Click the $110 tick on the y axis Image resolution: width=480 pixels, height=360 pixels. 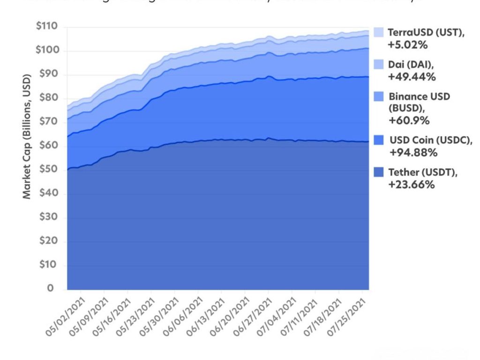(47, 27)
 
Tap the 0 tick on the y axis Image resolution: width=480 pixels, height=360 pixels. (50, 288)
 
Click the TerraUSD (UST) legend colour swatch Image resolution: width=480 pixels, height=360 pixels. (379, 32)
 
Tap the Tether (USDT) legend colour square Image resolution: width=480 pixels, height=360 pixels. (379, 172)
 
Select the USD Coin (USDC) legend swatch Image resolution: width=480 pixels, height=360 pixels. (379, 140)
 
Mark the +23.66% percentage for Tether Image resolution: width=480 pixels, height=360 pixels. (411, 185)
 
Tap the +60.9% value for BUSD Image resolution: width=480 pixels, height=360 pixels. (409, 120)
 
